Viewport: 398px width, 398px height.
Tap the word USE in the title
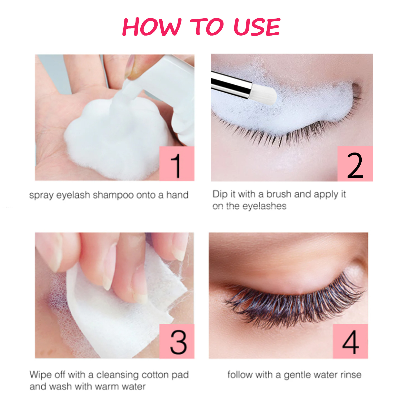[257, 27]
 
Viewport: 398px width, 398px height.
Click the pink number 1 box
[177, 163]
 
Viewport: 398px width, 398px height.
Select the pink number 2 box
[355, 164]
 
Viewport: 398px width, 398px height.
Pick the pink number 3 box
[177, 341]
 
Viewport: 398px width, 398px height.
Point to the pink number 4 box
[351, 341]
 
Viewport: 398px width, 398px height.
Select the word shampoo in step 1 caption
[113, 195]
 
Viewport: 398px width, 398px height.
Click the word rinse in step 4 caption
[351, 375]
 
